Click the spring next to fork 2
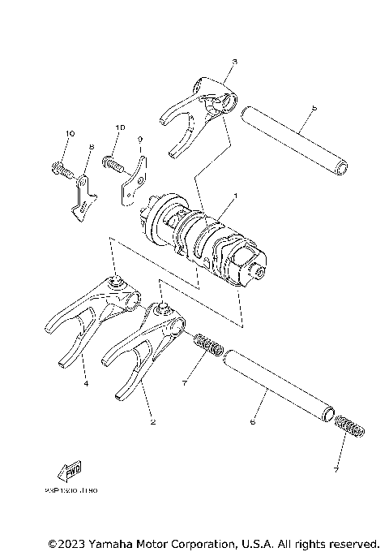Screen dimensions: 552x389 click(207, 345)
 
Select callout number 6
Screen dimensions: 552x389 click(253, 422)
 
